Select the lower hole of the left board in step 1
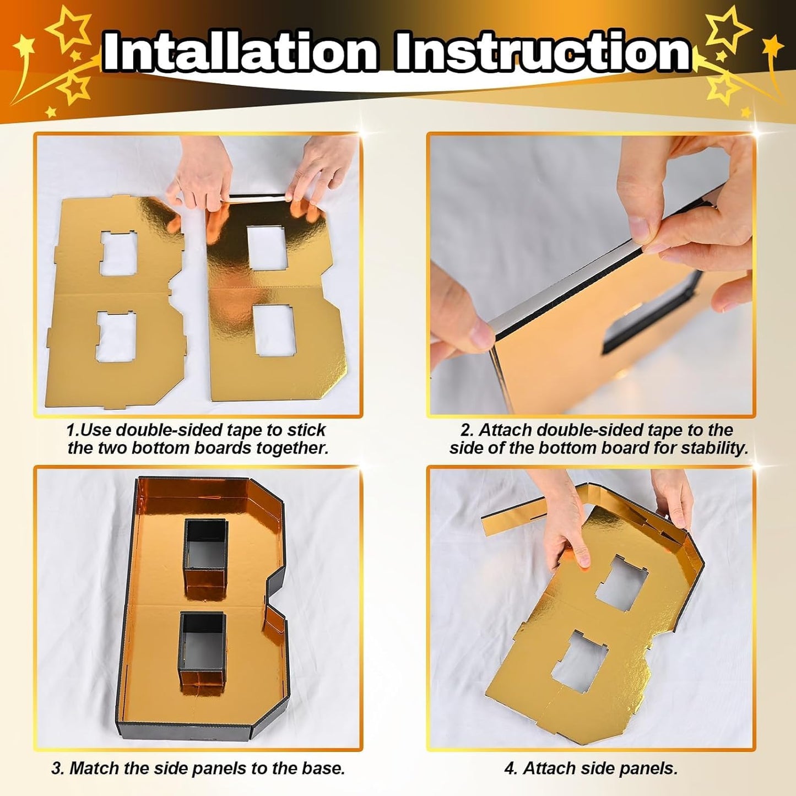pyautogui.click(x=116, y=336)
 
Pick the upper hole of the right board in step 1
pyautogui.click(x=267, y=247)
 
